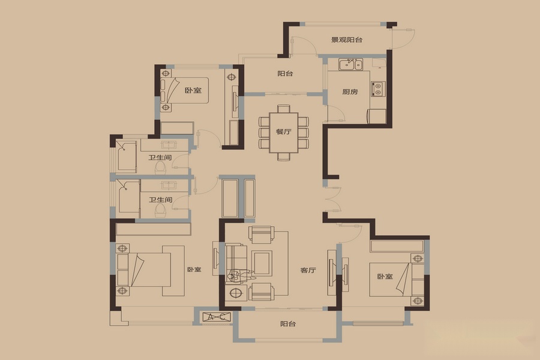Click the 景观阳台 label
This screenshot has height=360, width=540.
pos(347,40)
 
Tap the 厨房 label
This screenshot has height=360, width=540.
pos(350,92)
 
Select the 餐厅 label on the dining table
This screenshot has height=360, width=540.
pos(283,131)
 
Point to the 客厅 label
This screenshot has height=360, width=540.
pos(308,270)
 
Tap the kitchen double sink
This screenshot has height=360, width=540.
pos(350,64)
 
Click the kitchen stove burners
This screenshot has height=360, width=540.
pos(378,89)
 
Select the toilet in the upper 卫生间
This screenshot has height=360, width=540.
pos(160,167)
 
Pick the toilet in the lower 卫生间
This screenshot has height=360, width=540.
pos(160,210)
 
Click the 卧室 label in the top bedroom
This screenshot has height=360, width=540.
pos(193,91)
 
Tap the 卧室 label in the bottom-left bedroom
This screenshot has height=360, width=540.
pos(194,269)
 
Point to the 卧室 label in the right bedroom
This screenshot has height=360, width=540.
pos(385,276)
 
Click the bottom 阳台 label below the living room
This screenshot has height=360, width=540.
pos(288,324)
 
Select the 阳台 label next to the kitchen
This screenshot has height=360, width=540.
pos(285,73)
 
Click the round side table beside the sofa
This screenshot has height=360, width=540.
pos(236,293)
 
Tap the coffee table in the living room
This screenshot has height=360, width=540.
pos(262,263)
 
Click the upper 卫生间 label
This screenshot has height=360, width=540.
pos(160,157)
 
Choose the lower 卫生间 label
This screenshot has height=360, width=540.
pos(160,200)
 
